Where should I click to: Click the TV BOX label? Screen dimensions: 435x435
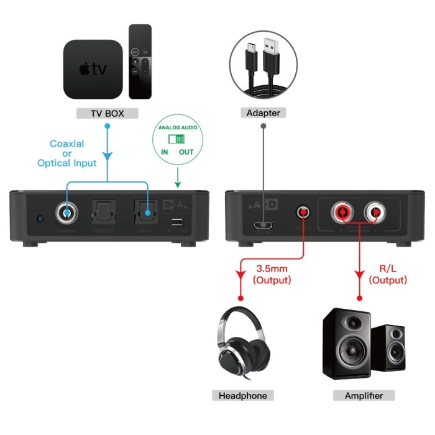pos(107,114)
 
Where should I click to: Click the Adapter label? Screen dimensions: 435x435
pos(263,113)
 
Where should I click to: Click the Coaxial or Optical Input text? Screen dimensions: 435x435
pos(67,153)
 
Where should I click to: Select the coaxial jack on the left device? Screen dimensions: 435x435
pos(66,214)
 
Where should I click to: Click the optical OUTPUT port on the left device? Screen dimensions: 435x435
pos(103,214)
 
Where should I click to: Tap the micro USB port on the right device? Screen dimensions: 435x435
pos(265,225)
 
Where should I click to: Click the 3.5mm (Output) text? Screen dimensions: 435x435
pos(272,275)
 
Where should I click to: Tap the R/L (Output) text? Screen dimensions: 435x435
pos(388,275)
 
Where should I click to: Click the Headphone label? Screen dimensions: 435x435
pos(243,396)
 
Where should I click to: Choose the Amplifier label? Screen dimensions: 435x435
pos(364,396)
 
